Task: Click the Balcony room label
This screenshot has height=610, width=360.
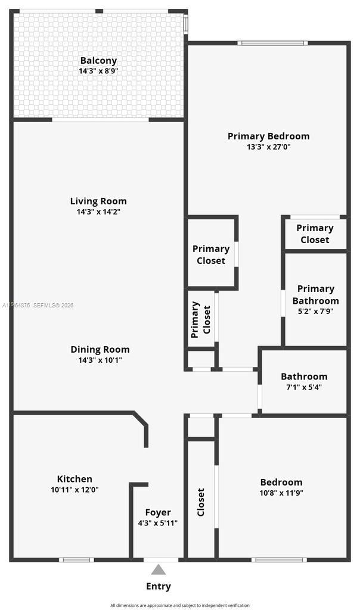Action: pyautogui.click(x=98, y=60)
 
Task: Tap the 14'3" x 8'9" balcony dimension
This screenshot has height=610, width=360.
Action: pyautogui.click(x=98, y=71)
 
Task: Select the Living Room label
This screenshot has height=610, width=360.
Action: pyautogui.click(x=98, y=201)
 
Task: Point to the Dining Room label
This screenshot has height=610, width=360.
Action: pyautogui.click(x=100, y=349)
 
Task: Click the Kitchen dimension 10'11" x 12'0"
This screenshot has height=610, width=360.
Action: pyautogui.click(x=75, y=490)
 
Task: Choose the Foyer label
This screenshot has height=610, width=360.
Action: pyautogui.click(x=158, y=512)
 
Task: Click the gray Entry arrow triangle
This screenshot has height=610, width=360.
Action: pyautogui.click(x=158, y=569)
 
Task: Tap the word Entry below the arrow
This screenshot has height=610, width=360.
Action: pyautogui.click(x=159, y=586)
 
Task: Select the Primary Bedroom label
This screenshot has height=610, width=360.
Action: pyautogui.click(x=268, y=136)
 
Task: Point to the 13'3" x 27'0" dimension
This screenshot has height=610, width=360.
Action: pyautogui.click(x=268, y=147)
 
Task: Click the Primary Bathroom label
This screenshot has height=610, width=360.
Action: pyautogui.click(x=315, y=295)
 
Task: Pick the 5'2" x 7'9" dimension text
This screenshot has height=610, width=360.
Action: pyautogui.click(x=315, y=311)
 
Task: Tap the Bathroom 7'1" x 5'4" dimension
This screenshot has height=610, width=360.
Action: pyautogui.click(x=304, y=387)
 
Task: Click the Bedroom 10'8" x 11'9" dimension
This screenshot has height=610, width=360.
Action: pyautogui.click(x=281, y=493)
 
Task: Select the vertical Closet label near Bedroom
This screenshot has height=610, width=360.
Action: pyautogui.click(x=201, y=502)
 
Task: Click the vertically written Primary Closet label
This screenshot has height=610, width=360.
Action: pyautogui.click(x=201, y=320)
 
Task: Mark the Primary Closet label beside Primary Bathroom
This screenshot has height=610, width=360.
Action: pyautogui.click(x=315, y=234)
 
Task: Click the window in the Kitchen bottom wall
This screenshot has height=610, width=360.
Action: pyautogui.click(x=76, y=559)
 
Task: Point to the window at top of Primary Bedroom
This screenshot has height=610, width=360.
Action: pyautogui.click(x=272, y=43)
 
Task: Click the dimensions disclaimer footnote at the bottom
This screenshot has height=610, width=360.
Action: pyautogui.click(x=180, y=605)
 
